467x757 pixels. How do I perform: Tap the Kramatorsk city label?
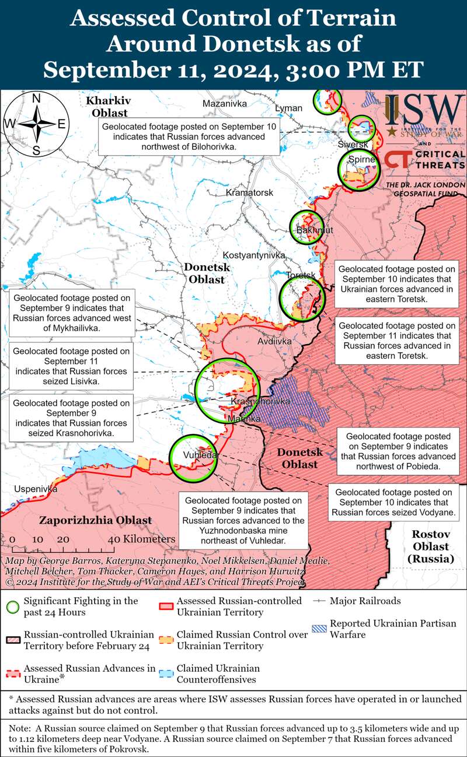[249, 192]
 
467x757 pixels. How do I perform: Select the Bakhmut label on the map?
[314, 230]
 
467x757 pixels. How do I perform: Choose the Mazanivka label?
[225, 103]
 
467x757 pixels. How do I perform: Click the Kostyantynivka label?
[253, 255]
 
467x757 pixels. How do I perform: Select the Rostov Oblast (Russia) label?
[430, 546]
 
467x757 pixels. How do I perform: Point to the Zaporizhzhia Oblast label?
[95, 520]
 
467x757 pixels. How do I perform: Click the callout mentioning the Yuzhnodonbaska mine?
[243, 520]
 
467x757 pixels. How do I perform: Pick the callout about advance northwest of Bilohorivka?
[189, 137]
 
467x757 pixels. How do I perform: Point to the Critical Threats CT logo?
[397, 160]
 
